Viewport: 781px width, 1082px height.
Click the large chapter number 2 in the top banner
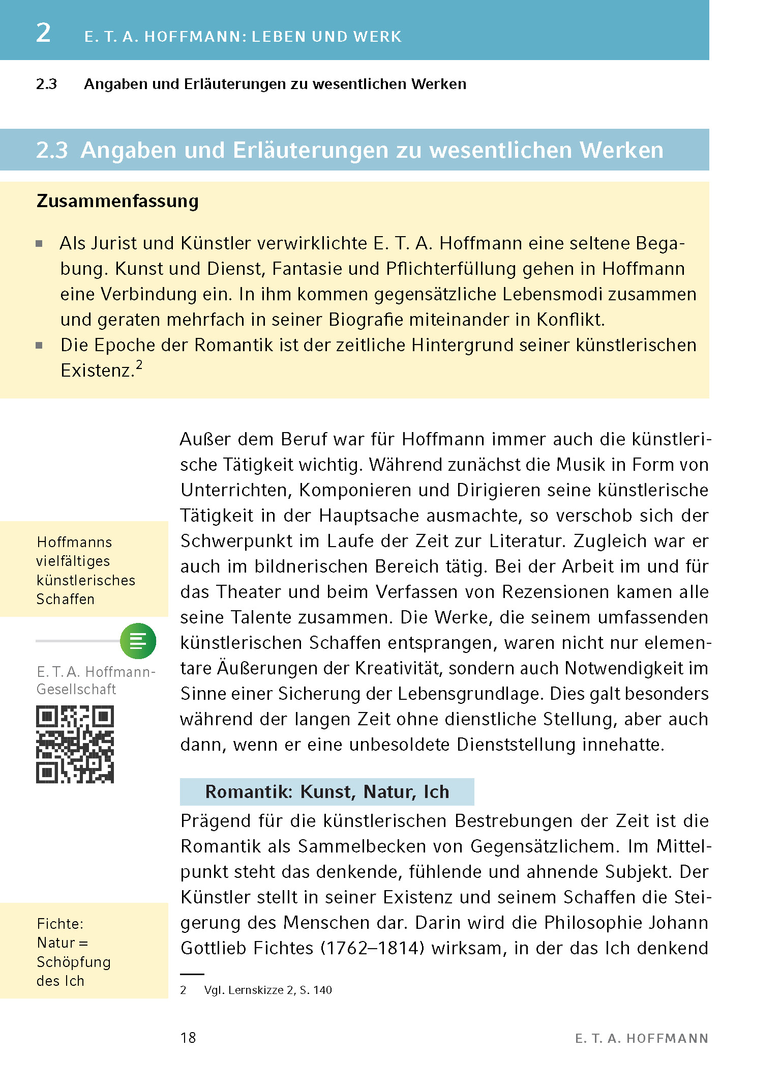pyautogui.click(x=44, y=33)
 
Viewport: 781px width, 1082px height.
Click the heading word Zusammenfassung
pyautogui.click(x=117, y=202)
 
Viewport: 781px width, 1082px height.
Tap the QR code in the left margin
pyautogui.click(x=75, y=744)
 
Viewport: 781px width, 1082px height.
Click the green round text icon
pyautogui.click(x=138, y=641)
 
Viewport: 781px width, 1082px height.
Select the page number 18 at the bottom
pyautogui.click(x=188, y=1038)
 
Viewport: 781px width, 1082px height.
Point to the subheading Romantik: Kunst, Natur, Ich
pyautogui.click(x=327, y=792)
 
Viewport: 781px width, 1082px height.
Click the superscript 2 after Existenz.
pyautogui.click(x=139, y=365)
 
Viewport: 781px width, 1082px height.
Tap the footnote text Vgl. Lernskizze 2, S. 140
pyautogui.click(x=268, y=990)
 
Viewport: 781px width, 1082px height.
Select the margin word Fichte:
pyautogui.click(x=60, y=924)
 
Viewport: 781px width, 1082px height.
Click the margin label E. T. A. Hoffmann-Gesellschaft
pyautogui.click(x=96, y=680)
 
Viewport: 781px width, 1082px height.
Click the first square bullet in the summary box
pyautogui.click(x=39, y=244)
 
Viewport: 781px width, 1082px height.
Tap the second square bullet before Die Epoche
pyautogui.click(x=39, y=346)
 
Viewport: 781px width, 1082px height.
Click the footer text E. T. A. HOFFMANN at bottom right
pyautogui.click(x=642, y=1039)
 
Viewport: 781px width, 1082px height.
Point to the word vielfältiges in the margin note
pyautogui.click(x=73, y=561)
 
